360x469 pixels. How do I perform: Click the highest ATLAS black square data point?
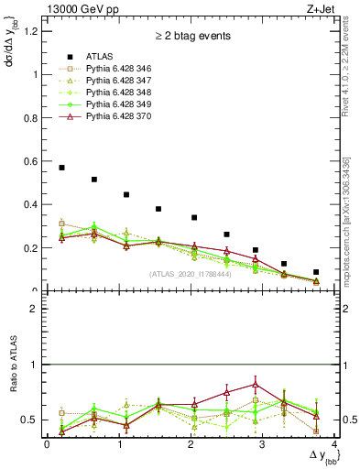pos(61,168)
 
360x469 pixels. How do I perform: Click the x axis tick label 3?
pos(263,444)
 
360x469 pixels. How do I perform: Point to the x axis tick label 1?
pos(119,444)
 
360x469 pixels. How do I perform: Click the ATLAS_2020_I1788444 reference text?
pos(190,273)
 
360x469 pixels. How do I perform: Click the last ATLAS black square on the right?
pos(316,272)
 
